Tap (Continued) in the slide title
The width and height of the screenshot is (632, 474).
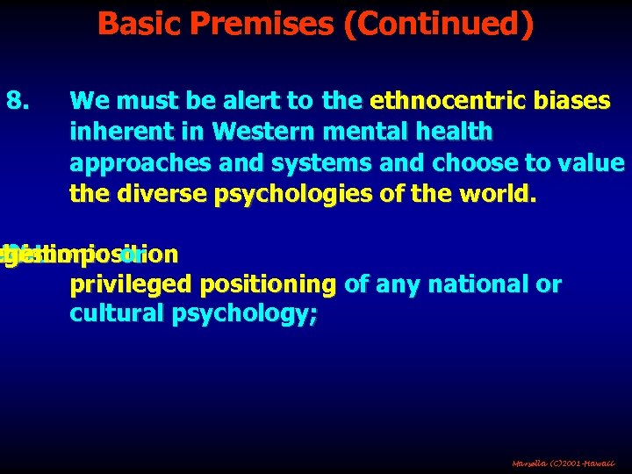click(438, 24)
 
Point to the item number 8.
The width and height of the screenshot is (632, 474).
click(18, 101)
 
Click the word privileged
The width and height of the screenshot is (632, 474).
click(119, 284)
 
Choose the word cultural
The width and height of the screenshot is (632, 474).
click(110, 315)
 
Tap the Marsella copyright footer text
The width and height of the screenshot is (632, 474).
click(564, 461)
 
